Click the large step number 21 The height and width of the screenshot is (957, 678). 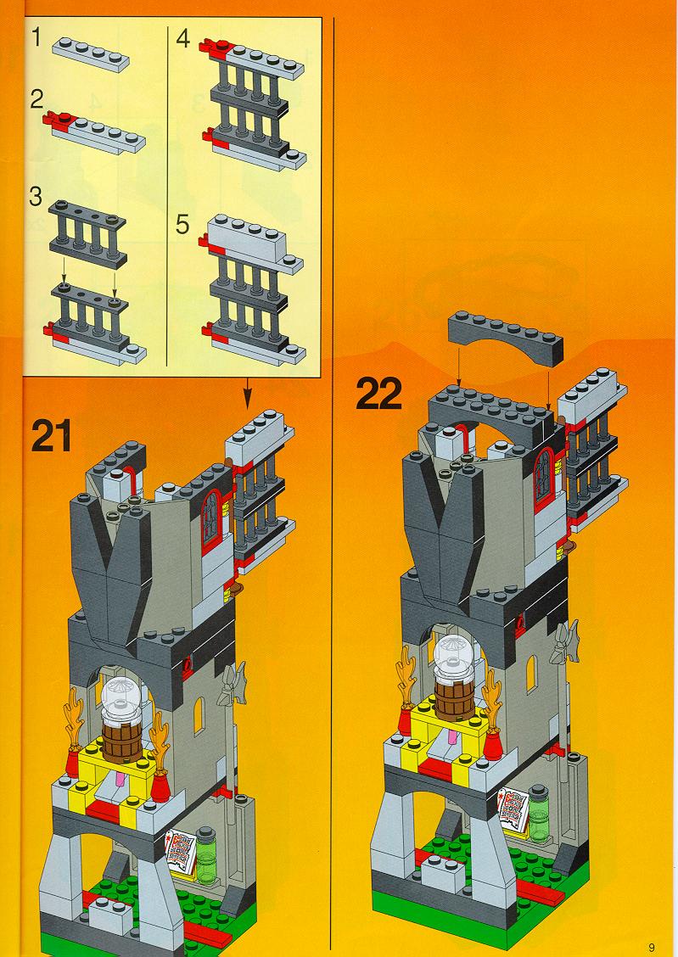(52, 436)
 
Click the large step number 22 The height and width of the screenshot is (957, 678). (379, 394)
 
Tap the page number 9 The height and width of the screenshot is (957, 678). (652, 947)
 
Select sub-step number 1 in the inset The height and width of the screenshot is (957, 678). (37, 38)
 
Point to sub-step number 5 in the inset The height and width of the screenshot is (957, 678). (182, 224)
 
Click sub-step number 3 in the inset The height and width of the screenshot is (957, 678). (36, 197)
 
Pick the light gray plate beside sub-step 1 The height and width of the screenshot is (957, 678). (91, 54)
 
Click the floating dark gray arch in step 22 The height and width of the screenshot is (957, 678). (506, 338)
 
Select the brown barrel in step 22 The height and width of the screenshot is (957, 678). (455, 700)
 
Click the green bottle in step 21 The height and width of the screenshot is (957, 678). (206, 855)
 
